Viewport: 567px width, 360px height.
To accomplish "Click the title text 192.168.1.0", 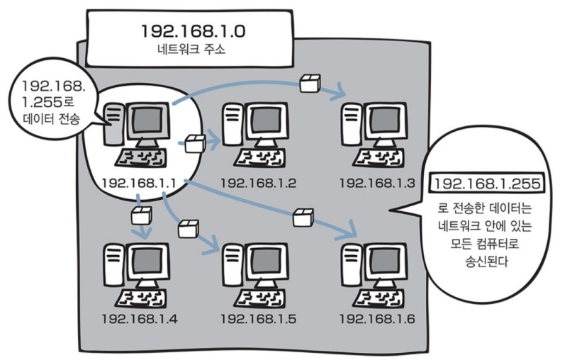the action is pyautogui.click(x=193, y=31).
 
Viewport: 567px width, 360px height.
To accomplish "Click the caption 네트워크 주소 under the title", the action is pyautogui.click(x=191, y=49).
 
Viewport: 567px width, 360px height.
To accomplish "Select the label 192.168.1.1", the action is pyautogui.click(x=139, y=184).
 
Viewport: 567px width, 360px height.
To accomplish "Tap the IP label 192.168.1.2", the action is pyautogui.click(x=258, y=184).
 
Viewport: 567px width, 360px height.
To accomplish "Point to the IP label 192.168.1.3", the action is pyautogui.click(x=377, y=184).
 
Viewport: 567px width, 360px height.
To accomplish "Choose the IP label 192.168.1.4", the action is pyautogui.click(x=140, y=319).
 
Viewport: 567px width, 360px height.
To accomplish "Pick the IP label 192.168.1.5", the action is pyautogui.click(x=258, y=319).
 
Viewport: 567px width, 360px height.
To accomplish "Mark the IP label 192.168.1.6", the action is pyautogui.click(x=377, y=319).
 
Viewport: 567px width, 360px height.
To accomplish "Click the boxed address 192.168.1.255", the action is pyautogui.click(x=486, y=184).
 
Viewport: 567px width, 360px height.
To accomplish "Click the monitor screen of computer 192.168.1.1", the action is pyautogui.click(x=147, y=120).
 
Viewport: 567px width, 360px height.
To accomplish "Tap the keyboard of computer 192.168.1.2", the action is pyautogui.click(x=259, y=158).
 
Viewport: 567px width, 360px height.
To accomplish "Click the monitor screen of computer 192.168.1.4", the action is pyautogui.click(x=147, y=261).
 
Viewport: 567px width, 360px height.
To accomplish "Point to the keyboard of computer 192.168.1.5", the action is pyautogui.click(x=259, y=298).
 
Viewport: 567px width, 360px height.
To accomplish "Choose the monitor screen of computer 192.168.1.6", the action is pyautogui.click(x=386, y=261).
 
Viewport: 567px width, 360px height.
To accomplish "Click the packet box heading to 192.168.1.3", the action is pyautogui.click(x=310, y=83).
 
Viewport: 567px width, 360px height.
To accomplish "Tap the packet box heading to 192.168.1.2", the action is pyautogui.click(x=196, y=143).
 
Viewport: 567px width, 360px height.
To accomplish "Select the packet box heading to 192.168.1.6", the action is pyautogui.click(x=303, y=218).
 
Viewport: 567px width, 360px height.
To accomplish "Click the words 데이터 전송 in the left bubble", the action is pyautogui.click(x=51, y=118).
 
